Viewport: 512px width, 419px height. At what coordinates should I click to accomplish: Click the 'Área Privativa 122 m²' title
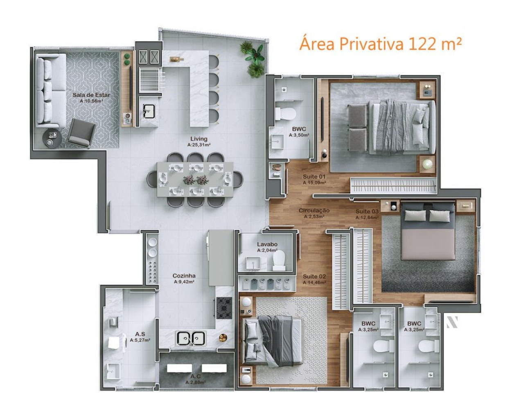click(381, 43)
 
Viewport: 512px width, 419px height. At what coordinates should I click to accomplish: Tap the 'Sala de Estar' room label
click(91, 95)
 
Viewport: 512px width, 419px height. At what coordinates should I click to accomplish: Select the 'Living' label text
click(199, 139)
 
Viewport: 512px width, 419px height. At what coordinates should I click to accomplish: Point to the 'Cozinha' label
click(184, 276)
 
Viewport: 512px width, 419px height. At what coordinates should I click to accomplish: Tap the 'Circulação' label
click(314, 211)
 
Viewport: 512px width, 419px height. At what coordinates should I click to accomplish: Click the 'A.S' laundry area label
click(140, 334)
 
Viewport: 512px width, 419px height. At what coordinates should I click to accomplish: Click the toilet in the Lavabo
click(280, 260)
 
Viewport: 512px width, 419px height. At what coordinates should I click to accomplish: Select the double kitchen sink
click(191, 338)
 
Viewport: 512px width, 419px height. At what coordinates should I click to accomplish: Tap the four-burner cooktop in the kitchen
click(224, 308)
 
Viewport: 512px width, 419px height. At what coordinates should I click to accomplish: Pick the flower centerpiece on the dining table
click(195, 179)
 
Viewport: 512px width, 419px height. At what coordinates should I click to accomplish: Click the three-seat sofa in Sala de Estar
click(50, 90)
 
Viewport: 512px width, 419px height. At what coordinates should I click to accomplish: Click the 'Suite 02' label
click(314, 277)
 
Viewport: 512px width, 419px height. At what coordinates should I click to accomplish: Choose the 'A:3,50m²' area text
click(299, 135)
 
